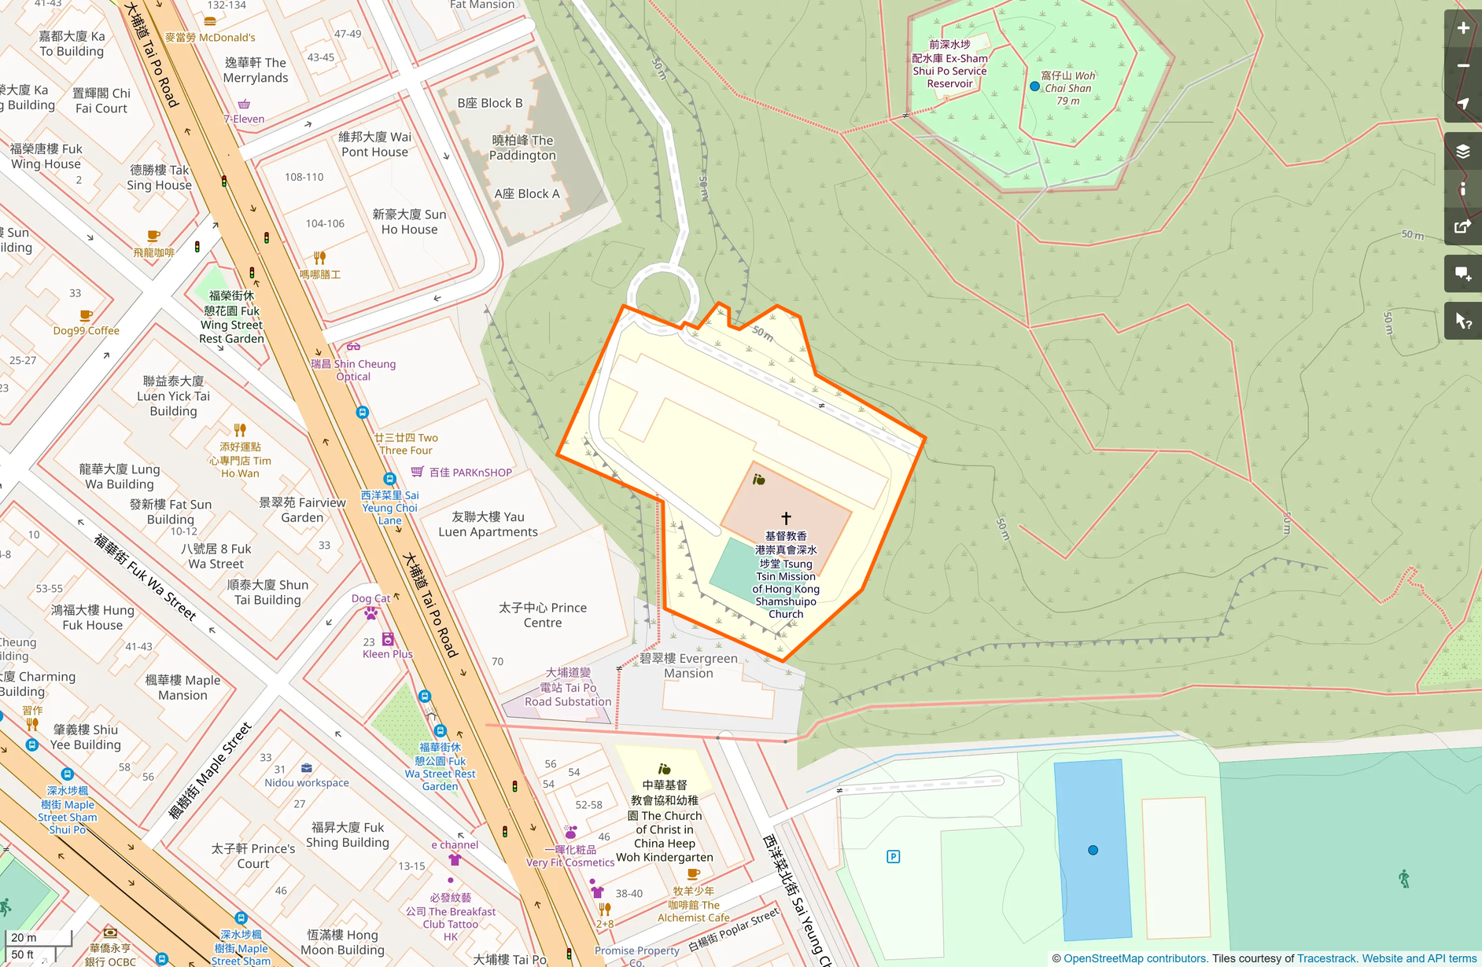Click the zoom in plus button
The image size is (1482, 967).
point(1462,28)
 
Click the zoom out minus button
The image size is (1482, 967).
point(1462,66)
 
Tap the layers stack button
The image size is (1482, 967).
point(1462,151)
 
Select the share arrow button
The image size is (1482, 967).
point(1462,227)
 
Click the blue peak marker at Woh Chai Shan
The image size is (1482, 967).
point(1034,86)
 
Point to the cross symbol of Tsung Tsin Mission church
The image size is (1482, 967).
point(785,518)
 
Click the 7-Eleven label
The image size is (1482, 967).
point(244,119)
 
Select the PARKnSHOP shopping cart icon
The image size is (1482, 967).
point(417,472)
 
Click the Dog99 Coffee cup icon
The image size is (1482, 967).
point(87,316)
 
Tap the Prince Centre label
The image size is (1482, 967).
point(543,615)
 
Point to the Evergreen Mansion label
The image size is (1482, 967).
point(688,665)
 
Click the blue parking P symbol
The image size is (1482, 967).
point(893,856)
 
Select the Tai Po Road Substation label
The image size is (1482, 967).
point(568,687)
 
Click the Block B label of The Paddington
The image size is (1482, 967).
point(489,103)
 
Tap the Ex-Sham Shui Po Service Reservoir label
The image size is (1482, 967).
point(949,64)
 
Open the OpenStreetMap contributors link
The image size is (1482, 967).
point(1134,958)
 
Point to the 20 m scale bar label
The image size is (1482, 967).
point(24,937)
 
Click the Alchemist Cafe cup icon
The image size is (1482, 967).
point(693,873)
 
